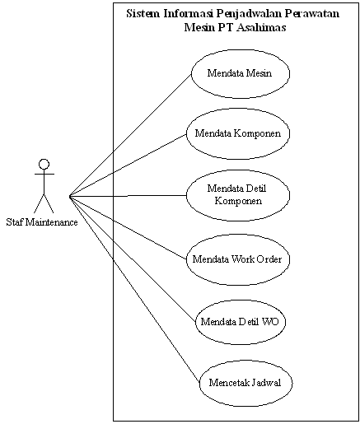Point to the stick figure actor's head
[44, 164]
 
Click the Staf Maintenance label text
[42, 222]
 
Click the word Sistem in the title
[143, 13]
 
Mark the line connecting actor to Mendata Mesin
[130, 135]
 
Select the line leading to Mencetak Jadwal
[134, 289]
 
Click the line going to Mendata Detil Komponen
[128, 196]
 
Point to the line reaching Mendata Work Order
[128, 228]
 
